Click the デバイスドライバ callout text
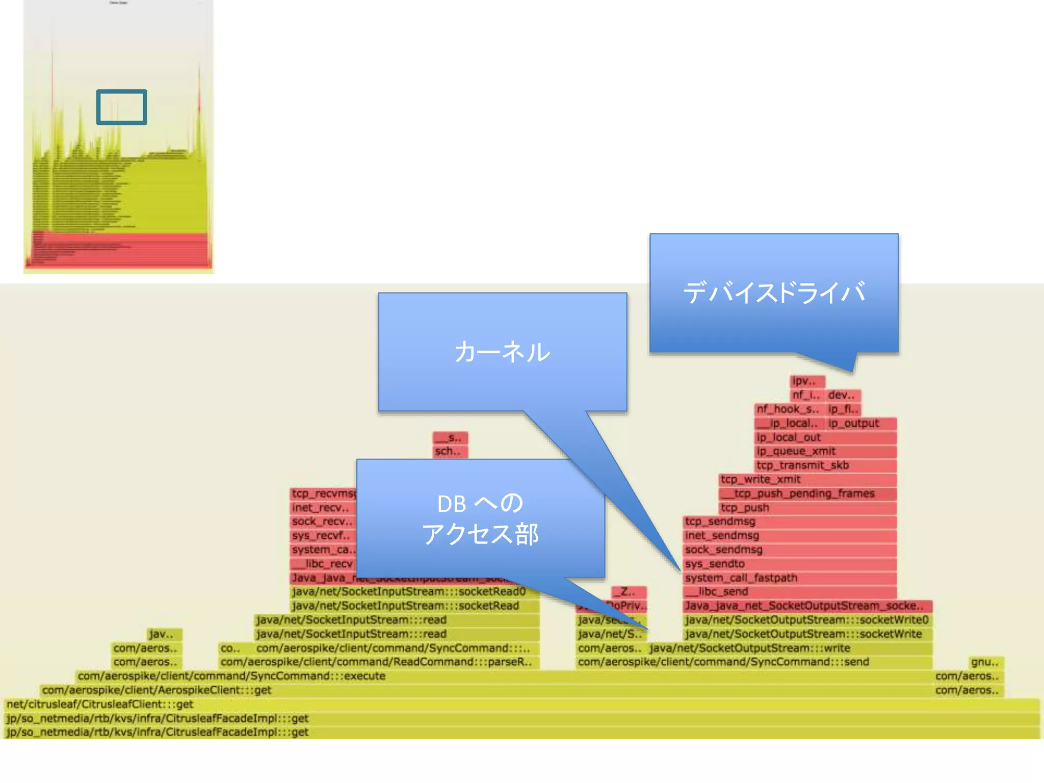[x=774, y=293]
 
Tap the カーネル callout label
[x=502, y=352]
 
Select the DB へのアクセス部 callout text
[x=480, y=519]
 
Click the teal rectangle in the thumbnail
[x=121, y=107]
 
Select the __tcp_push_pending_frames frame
[x=807, y=493]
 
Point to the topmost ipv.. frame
[x=807, y=381]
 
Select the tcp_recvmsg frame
[x=323, y=493]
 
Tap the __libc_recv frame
[x=323, y=564]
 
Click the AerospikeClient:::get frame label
[x=157, y=690]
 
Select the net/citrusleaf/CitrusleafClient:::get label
[x=100, y=704]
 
